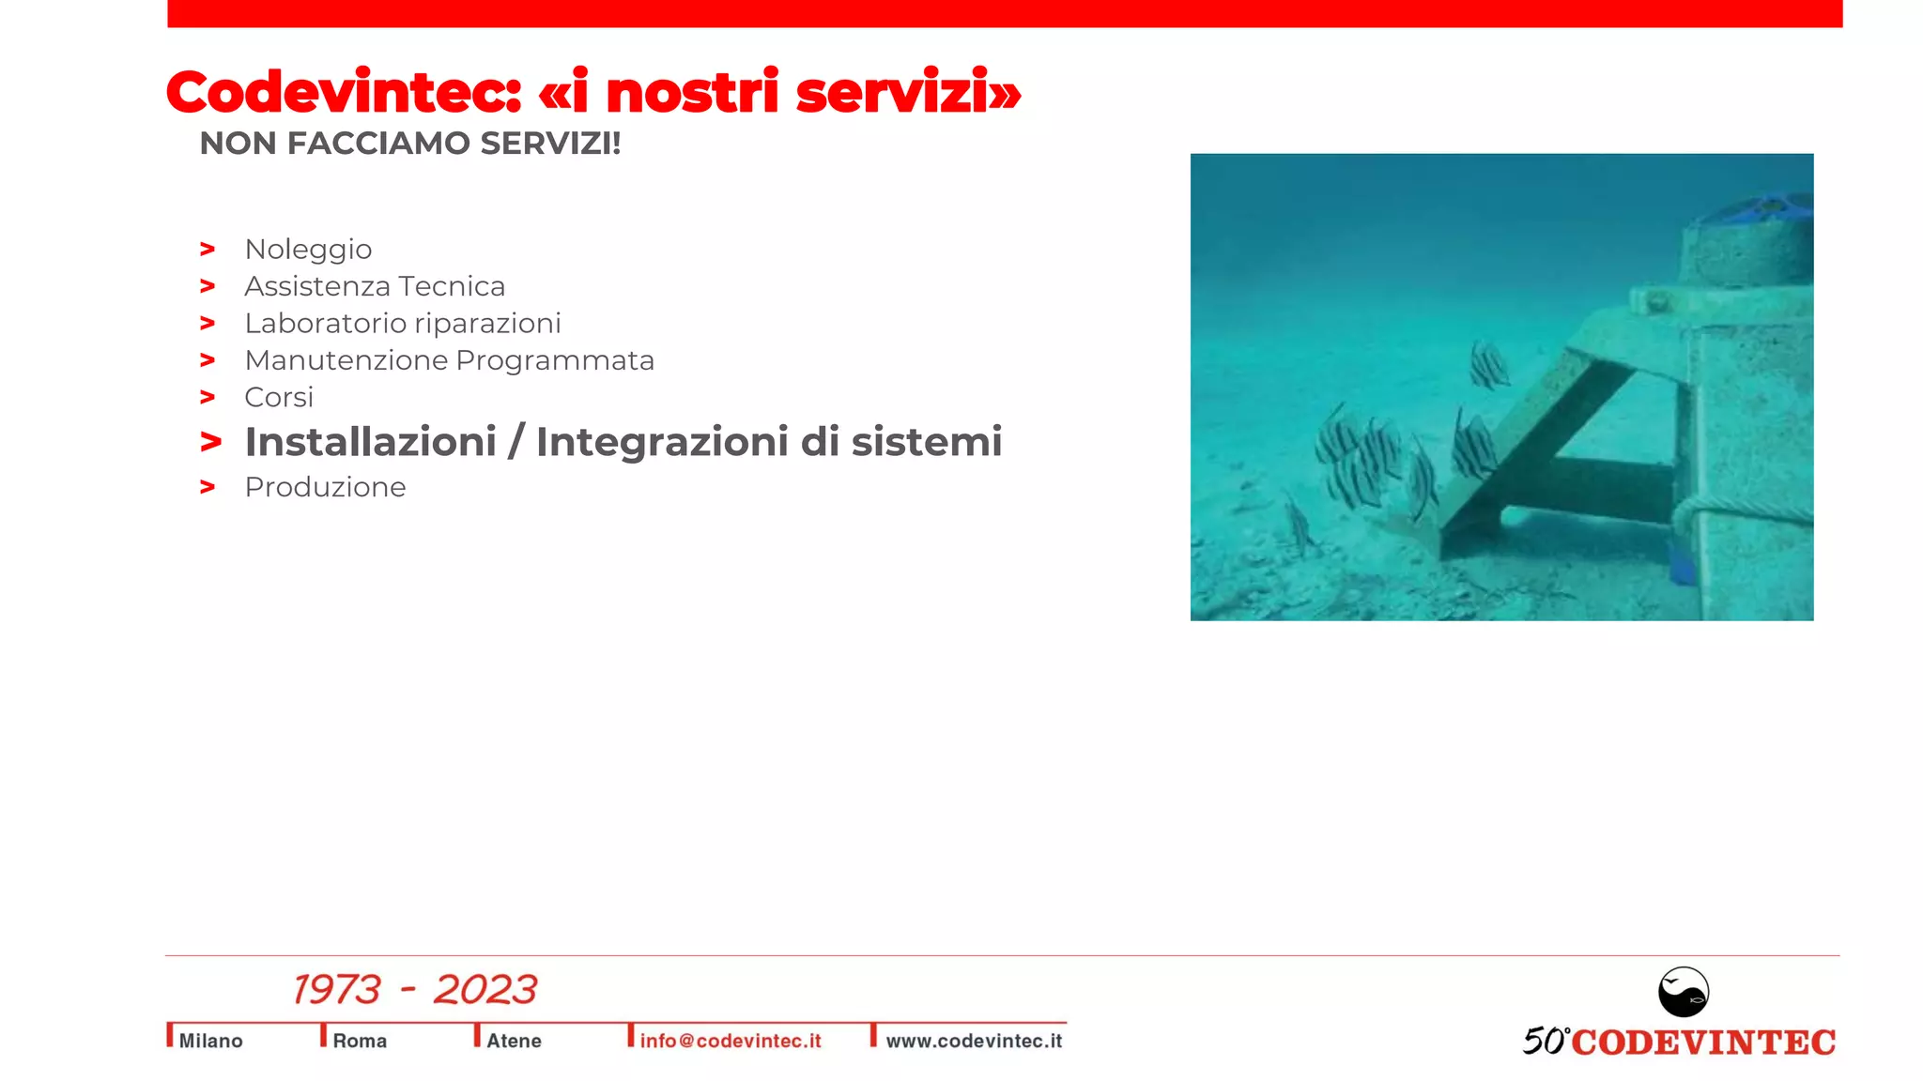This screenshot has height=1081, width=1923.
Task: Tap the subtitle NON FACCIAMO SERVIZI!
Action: click(x=410, y=144)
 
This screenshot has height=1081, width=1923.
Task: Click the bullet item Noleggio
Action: click(x=308, y=250)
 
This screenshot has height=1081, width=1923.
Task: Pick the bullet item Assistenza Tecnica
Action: click(x=375, y=286)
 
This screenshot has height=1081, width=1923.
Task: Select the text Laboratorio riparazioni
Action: click(x=402, y=324)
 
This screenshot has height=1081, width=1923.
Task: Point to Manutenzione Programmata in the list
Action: click(x=449, y=360)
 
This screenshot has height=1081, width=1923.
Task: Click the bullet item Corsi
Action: click(x=279, y=398)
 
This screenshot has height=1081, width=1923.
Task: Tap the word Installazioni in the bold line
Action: click(x=370, y=442)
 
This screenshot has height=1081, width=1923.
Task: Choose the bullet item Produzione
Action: click(x=325, y=487)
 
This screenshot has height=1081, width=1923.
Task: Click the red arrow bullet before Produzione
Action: click(x=208, y=487)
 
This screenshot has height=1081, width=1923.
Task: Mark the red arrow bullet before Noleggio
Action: click(x=208, y=250)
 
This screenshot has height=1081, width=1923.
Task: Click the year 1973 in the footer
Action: click(x=336, y=990)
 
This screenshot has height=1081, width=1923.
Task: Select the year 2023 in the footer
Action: click(x=485, y=990)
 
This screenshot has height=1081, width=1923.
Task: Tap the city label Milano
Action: click(x=210, y=1041)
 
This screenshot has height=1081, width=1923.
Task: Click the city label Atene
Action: click(x=514, y=1041)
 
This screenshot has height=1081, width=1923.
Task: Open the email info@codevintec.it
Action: click(x=730, y=1041)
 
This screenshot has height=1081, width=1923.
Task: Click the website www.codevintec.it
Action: click(x=974, y=1041)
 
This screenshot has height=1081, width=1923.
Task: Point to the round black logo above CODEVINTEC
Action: click(x=1683, y=992)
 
